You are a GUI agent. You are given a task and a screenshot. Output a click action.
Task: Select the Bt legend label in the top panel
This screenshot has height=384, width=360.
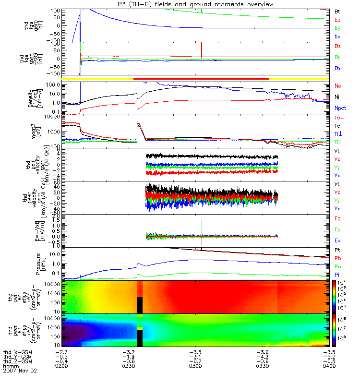pos(338,10)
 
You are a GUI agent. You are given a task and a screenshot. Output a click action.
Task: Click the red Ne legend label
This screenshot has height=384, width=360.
pos(338,86)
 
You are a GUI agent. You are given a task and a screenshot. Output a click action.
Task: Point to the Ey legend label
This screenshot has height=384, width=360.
pos(338,229)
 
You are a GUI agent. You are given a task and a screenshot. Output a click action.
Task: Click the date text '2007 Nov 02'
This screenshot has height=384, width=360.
pos(20,371)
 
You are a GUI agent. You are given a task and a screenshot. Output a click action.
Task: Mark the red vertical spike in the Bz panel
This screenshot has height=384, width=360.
pos(202,49)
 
